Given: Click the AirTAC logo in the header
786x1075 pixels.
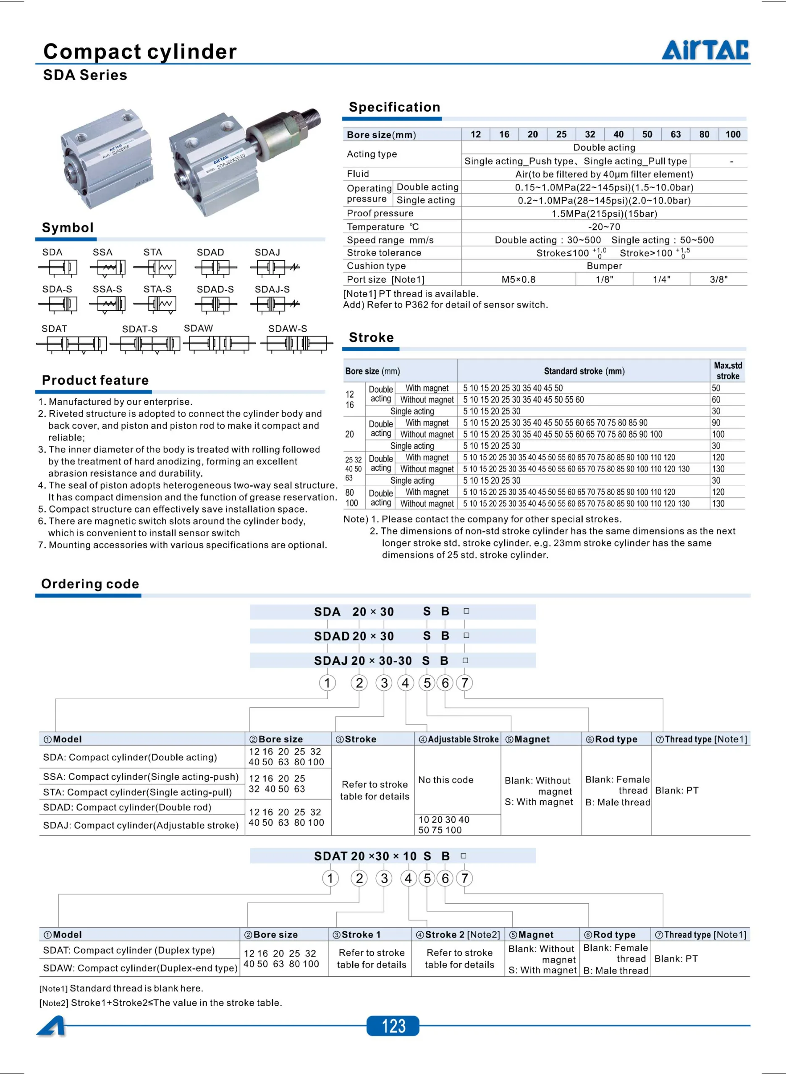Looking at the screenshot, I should click(x=705, y=50).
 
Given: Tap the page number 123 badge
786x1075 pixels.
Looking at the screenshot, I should click(x=393, y=1025).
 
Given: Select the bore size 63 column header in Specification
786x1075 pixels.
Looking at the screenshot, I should click(x=675, y=134).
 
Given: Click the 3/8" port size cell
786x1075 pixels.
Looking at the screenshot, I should click(x=718, y=279).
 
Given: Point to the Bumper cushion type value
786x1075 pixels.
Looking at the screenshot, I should click(x=604, y=265).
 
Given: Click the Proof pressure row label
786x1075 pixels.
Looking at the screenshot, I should click(x=380, y=213).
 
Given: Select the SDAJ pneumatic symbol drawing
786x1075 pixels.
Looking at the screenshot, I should click(x=275, y=268).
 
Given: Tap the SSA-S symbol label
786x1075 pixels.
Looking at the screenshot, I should click(x=107, y=289).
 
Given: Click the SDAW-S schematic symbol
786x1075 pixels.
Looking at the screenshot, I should click(x=296, y=343).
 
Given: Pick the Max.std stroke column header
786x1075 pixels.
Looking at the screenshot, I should click(x=728, y=370).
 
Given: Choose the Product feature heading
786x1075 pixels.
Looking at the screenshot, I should click(x=95, y=380).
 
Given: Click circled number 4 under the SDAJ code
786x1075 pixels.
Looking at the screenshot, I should click(x=405, y=683).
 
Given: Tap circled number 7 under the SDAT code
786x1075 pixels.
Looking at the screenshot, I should click(x=464, y=878).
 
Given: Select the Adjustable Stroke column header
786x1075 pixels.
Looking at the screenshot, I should click(x=458, y=739).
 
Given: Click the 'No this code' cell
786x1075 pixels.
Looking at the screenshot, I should click(x=446, y=779).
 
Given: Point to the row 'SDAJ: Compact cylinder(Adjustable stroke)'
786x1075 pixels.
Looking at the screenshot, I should click(x=141, y=825).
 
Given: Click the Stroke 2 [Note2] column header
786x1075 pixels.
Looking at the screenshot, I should click(x=458, y=934).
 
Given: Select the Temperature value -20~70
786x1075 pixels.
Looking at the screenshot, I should click(x=604, y=226).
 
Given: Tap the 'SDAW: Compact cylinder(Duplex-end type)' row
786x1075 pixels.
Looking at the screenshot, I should click(x=140, y=968).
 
